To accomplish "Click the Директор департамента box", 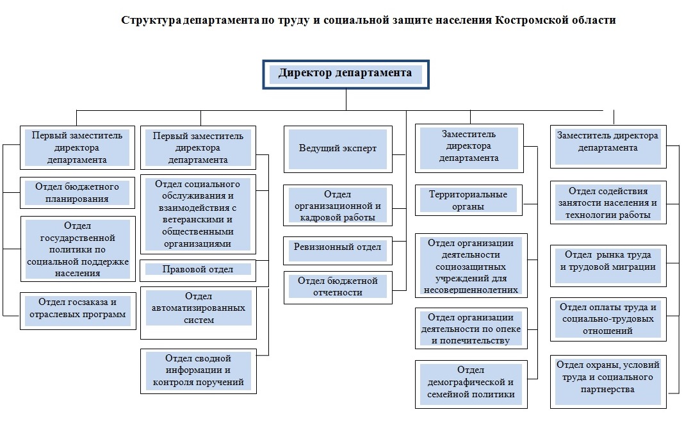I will pyautogui.click(x=345, y=74).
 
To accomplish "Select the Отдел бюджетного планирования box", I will pyautogui.click(x=77, y=193).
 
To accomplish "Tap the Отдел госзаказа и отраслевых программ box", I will pyautogui.click(x=77, y=311).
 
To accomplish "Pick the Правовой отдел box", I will pyautogui.click(x=198, y=270).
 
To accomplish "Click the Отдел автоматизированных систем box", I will pyautogui.click(x=198, y=308).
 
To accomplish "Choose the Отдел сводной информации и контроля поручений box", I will pyautogui.click(x=198, y=371).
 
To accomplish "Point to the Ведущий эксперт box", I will pyautogui.click(x=338, y=149).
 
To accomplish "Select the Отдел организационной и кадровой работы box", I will pyautogui.click(x=338, y=206).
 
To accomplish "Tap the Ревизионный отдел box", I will pyautogui.click(x=338, y=247).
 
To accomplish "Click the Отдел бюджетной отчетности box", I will pyautogui.click(x=338, y=286).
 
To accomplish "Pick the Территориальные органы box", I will pyautogui.click(x=468, y=201).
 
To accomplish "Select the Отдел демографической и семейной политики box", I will pyautogui.click(x=471, y=383).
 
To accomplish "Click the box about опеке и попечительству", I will pyautogui.click(x=471, y=329).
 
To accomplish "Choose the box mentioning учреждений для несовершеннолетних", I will pyautogui.click(x=471, y=266).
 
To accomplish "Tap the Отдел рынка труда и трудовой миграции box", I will pyautogui.click(x=608, y=261).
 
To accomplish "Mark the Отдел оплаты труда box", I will pyautogui.click(x=608, y=319).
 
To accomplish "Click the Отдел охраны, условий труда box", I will pyautogui.click(x=608, y=377).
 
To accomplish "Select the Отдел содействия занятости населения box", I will pyautogui.click(x=608, y=202).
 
